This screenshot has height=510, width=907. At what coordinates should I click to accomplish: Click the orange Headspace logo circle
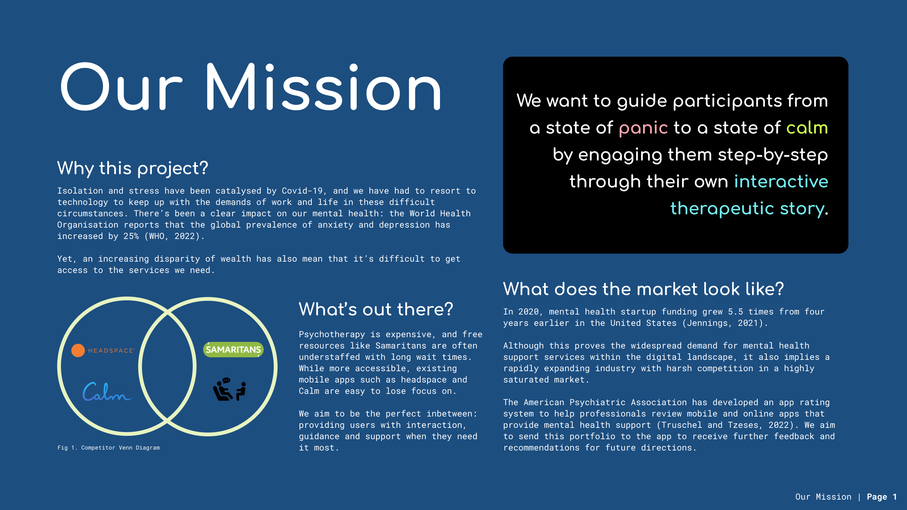point(78,351)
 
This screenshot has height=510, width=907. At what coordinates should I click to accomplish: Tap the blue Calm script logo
point(107,392)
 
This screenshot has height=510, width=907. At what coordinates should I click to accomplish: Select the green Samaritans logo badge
point(233,349)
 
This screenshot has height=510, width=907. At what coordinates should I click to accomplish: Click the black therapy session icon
point(229,389)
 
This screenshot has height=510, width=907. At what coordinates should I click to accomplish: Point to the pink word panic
point(643,128)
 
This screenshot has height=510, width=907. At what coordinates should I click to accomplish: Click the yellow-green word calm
point(807,127)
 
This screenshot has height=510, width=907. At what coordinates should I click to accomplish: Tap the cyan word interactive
point(781,181)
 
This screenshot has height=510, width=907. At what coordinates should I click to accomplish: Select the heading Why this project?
point(133,168)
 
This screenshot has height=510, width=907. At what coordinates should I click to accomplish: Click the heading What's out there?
point(376,309)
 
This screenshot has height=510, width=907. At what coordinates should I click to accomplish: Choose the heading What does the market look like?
point(643,289)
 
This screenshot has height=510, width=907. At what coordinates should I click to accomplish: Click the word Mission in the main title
point(323,87)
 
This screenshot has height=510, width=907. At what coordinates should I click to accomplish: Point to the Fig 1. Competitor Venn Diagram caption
point(108,448)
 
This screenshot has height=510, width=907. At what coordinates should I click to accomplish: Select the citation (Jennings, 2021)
point(725,323)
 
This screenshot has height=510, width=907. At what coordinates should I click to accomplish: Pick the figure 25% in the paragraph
point(131,236)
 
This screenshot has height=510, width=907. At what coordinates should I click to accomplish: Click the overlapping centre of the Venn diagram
point(168,366)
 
